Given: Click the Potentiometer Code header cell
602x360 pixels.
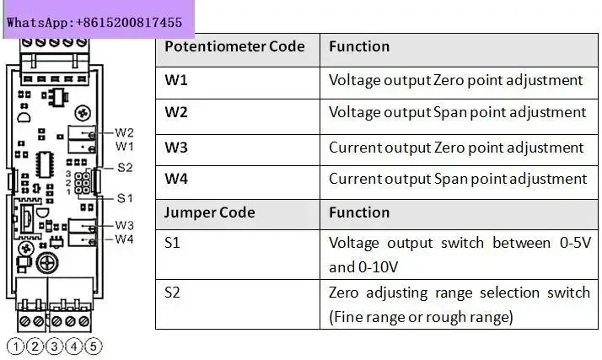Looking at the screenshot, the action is coord(238,50).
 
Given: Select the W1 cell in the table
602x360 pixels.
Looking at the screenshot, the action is coord(238,83).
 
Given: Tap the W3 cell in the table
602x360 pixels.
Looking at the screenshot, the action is coord(238,150).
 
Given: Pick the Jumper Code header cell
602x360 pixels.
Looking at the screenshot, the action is coord(238,214).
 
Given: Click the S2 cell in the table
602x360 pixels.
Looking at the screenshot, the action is coord(238,304).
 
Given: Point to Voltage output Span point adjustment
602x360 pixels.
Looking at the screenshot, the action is coord(457,112).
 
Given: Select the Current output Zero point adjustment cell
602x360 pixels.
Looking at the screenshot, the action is coord(459,150).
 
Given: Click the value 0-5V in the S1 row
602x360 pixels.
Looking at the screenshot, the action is coord(576,243).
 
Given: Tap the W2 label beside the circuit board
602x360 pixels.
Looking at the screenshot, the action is coord(125,133).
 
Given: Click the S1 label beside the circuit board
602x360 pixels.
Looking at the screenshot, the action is coord(125,198).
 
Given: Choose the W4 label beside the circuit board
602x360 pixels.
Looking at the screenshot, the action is coord(125,239).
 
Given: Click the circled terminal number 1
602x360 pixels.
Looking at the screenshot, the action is coord(16,347).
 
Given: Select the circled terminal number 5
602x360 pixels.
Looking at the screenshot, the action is coord(94,347).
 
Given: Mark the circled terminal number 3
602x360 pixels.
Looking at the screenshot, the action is coord(55,347).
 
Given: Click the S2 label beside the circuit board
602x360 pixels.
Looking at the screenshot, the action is coord(125,167).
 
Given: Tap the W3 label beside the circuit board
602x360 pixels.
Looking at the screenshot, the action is coord(125,225).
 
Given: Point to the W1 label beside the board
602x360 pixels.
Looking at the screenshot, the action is coord(125,146).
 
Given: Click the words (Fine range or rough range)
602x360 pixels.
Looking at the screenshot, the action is coord(422,317).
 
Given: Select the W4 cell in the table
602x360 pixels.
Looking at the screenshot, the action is coord(238,182).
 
